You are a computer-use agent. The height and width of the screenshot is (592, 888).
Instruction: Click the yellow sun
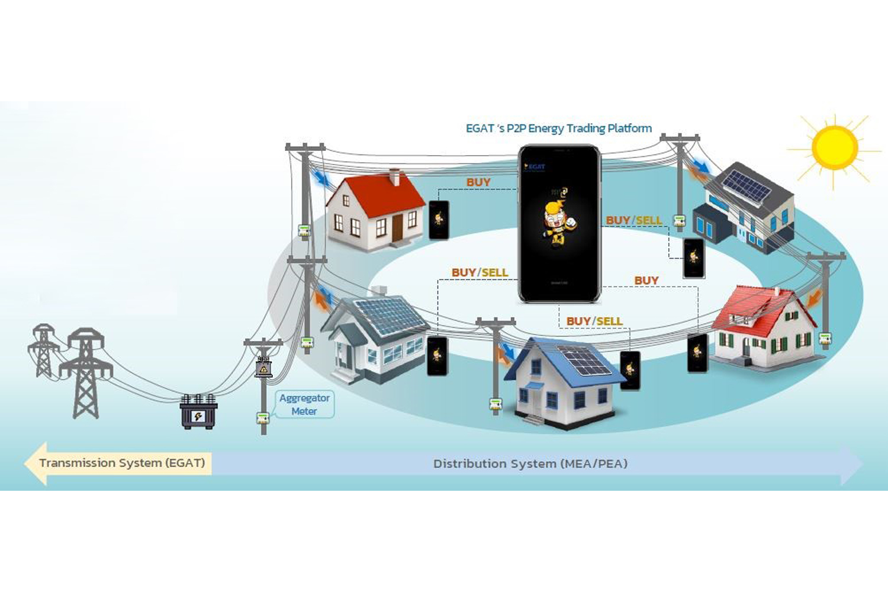coord(835,147)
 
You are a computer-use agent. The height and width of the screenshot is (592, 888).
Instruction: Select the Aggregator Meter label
coord(304,404)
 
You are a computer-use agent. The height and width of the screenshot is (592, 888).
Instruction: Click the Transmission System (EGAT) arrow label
coord(122,463)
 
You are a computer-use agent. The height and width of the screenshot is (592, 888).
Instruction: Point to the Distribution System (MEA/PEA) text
coord(530,464)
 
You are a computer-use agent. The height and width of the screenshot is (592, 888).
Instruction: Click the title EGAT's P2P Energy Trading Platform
coord(558,128)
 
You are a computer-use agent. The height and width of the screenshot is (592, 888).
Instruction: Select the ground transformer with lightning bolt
coord(198,412)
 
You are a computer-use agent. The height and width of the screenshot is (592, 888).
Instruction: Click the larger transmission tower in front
coord(86,373)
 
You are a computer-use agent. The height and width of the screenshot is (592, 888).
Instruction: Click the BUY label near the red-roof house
coord(478,182)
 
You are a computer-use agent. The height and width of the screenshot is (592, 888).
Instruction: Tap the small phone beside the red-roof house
coord(439,220)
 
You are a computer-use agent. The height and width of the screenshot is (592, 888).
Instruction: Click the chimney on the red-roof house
coord(394,176)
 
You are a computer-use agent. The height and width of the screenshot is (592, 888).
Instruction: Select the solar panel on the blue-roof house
coord(585,361)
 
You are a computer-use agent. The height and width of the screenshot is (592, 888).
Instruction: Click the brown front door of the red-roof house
coord(397,228)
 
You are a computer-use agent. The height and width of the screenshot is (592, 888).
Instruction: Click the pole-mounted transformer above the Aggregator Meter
coord(263,367)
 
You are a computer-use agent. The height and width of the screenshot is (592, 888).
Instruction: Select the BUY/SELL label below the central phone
coord(594,321)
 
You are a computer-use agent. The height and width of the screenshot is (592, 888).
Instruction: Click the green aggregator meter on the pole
coord(263,418)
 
